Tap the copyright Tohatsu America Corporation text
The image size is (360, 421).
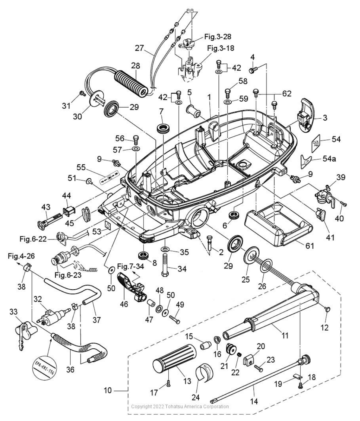click(x=180, y=406)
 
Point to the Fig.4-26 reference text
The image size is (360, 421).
click(x=22, y=255)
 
